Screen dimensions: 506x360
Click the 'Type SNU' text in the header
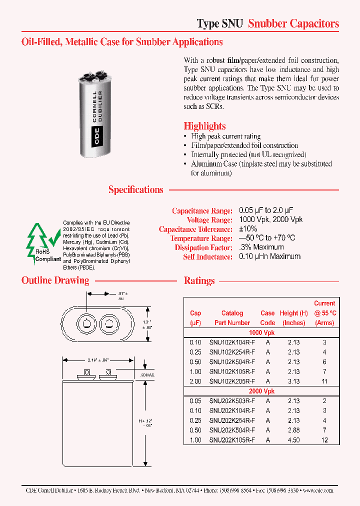tap(220, 23)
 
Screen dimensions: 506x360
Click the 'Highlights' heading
tap(204, 126)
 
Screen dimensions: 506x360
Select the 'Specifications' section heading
tap(136, 189)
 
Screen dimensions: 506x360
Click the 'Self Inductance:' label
tap(207, 256)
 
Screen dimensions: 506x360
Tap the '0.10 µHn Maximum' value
tap(270, 256)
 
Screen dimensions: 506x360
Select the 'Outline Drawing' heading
tap(55, 280)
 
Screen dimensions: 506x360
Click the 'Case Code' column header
tap(267, 317)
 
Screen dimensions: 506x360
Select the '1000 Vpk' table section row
tap(261, 332)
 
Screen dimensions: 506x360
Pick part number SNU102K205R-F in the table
tap(232, 381)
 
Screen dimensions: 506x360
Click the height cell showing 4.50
tap(293, 439)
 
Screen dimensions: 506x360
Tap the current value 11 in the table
tap(324, 381)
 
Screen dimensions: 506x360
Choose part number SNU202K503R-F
tap(232, 400)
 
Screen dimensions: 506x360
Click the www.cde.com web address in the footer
tap(318, 490)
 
